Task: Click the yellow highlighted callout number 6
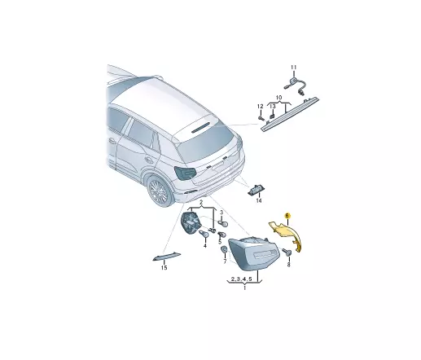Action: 287,216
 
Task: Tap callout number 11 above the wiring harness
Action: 294,68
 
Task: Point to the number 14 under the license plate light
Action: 259,200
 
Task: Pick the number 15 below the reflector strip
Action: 164,268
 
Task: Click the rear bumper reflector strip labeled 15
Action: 167,257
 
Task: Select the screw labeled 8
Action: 287,252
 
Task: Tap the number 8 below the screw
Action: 288,264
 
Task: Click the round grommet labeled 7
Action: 225,249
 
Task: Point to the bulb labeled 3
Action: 224,224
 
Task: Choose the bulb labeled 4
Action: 204,235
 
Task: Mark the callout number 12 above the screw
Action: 261,106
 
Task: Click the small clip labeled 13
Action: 271,116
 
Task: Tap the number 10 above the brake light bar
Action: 279,98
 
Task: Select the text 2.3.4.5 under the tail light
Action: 242,279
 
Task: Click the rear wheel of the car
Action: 160,191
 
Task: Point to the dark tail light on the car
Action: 186,173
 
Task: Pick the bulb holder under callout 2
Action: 191,222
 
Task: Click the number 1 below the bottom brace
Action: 244,288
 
